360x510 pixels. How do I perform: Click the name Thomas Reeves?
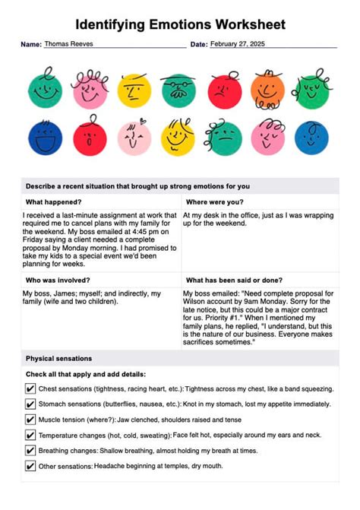click(x=69, y=44)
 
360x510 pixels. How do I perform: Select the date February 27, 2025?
click(x=236, y=44)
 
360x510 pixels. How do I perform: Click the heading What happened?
click(x=54, y=202)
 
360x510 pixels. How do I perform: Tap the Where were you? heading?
click(x=215, y=202)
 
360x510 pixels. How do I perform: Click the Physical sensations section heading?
click(x=59, y=358)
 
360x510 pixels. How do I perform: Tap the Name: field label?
click(x=31, y=45)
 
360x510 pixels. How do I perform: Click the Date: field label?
click(x=198, y=45)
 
